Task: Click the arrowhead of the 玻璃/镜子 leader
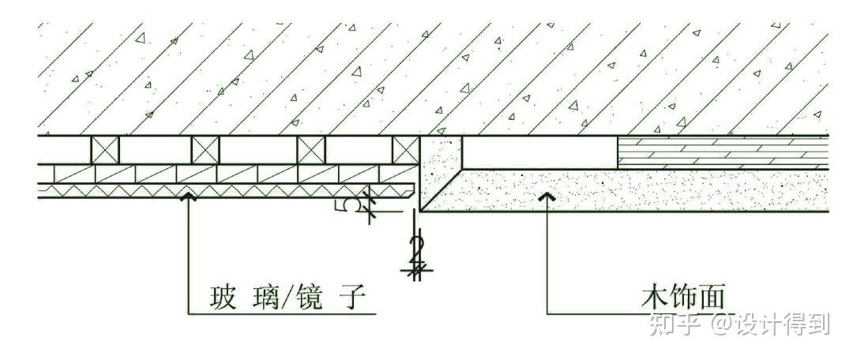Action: [188, 197]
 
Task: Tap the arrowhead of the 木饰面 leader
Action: [547, 197]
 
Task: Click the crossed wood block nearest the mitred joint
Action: [405, 150]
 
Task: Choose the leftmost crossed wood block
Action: [105, 150]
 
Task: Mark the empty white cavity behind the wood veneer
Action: [539, 151]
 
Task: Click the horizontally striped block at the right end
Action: [722, 151]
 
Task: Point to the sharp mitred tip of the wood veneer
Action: [420, 209]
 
